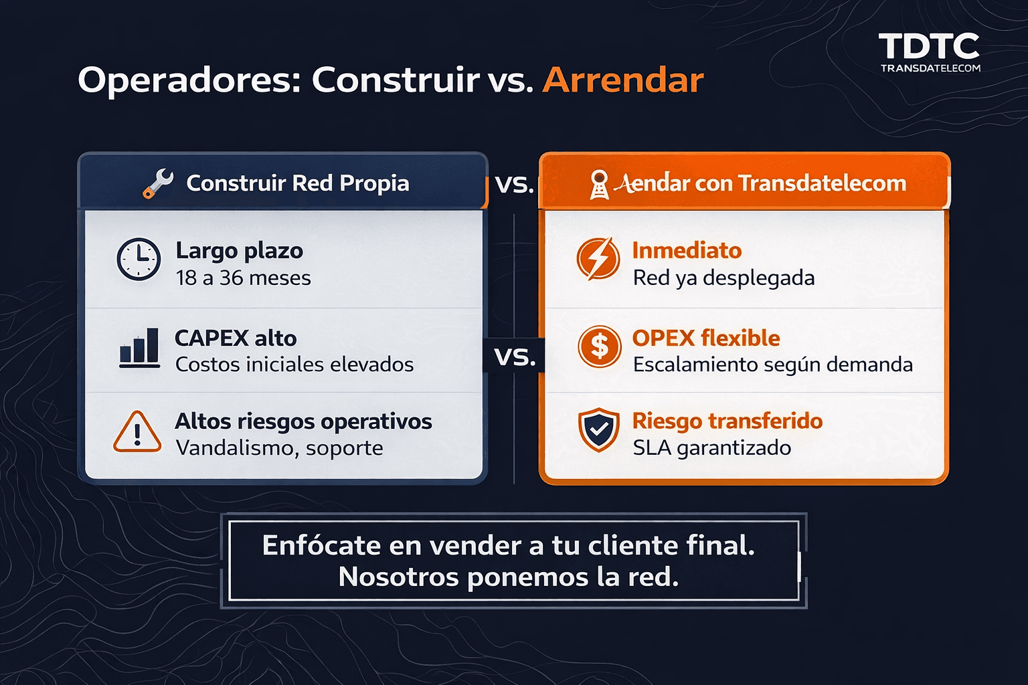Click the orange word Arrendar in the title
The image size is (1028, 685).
click(623, 80)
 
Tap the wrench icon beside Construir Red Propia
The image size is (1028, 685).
click(158, 183)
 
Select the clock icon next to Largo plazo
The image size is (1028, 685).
click(139, 259)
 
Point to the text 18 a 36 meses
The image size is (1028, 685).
click(243, 278)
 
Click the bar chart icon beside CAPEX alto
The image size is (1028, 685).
click(139, 348)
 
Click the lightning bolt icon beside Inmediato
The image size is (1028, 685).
click(598, 258)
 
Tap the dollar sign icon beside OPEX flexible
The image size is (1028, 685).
click(599, 347)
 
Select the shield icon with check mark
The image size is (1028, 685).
click(598, 429)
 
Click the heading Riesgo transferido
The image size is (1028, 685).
click(727, 421)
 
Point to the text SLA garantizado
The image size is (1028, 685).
click(711, 448)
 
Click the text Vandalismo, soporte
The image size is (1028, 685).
click(279, 448)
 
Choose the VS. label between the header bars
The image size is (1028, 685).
click(514, 185)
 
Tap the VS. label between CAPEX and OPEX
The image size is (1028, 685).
click(515, 357)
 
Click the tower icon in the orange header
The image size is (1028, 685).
click(599, 185)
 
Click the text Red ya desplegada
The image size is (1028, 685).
click(723, 278)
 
